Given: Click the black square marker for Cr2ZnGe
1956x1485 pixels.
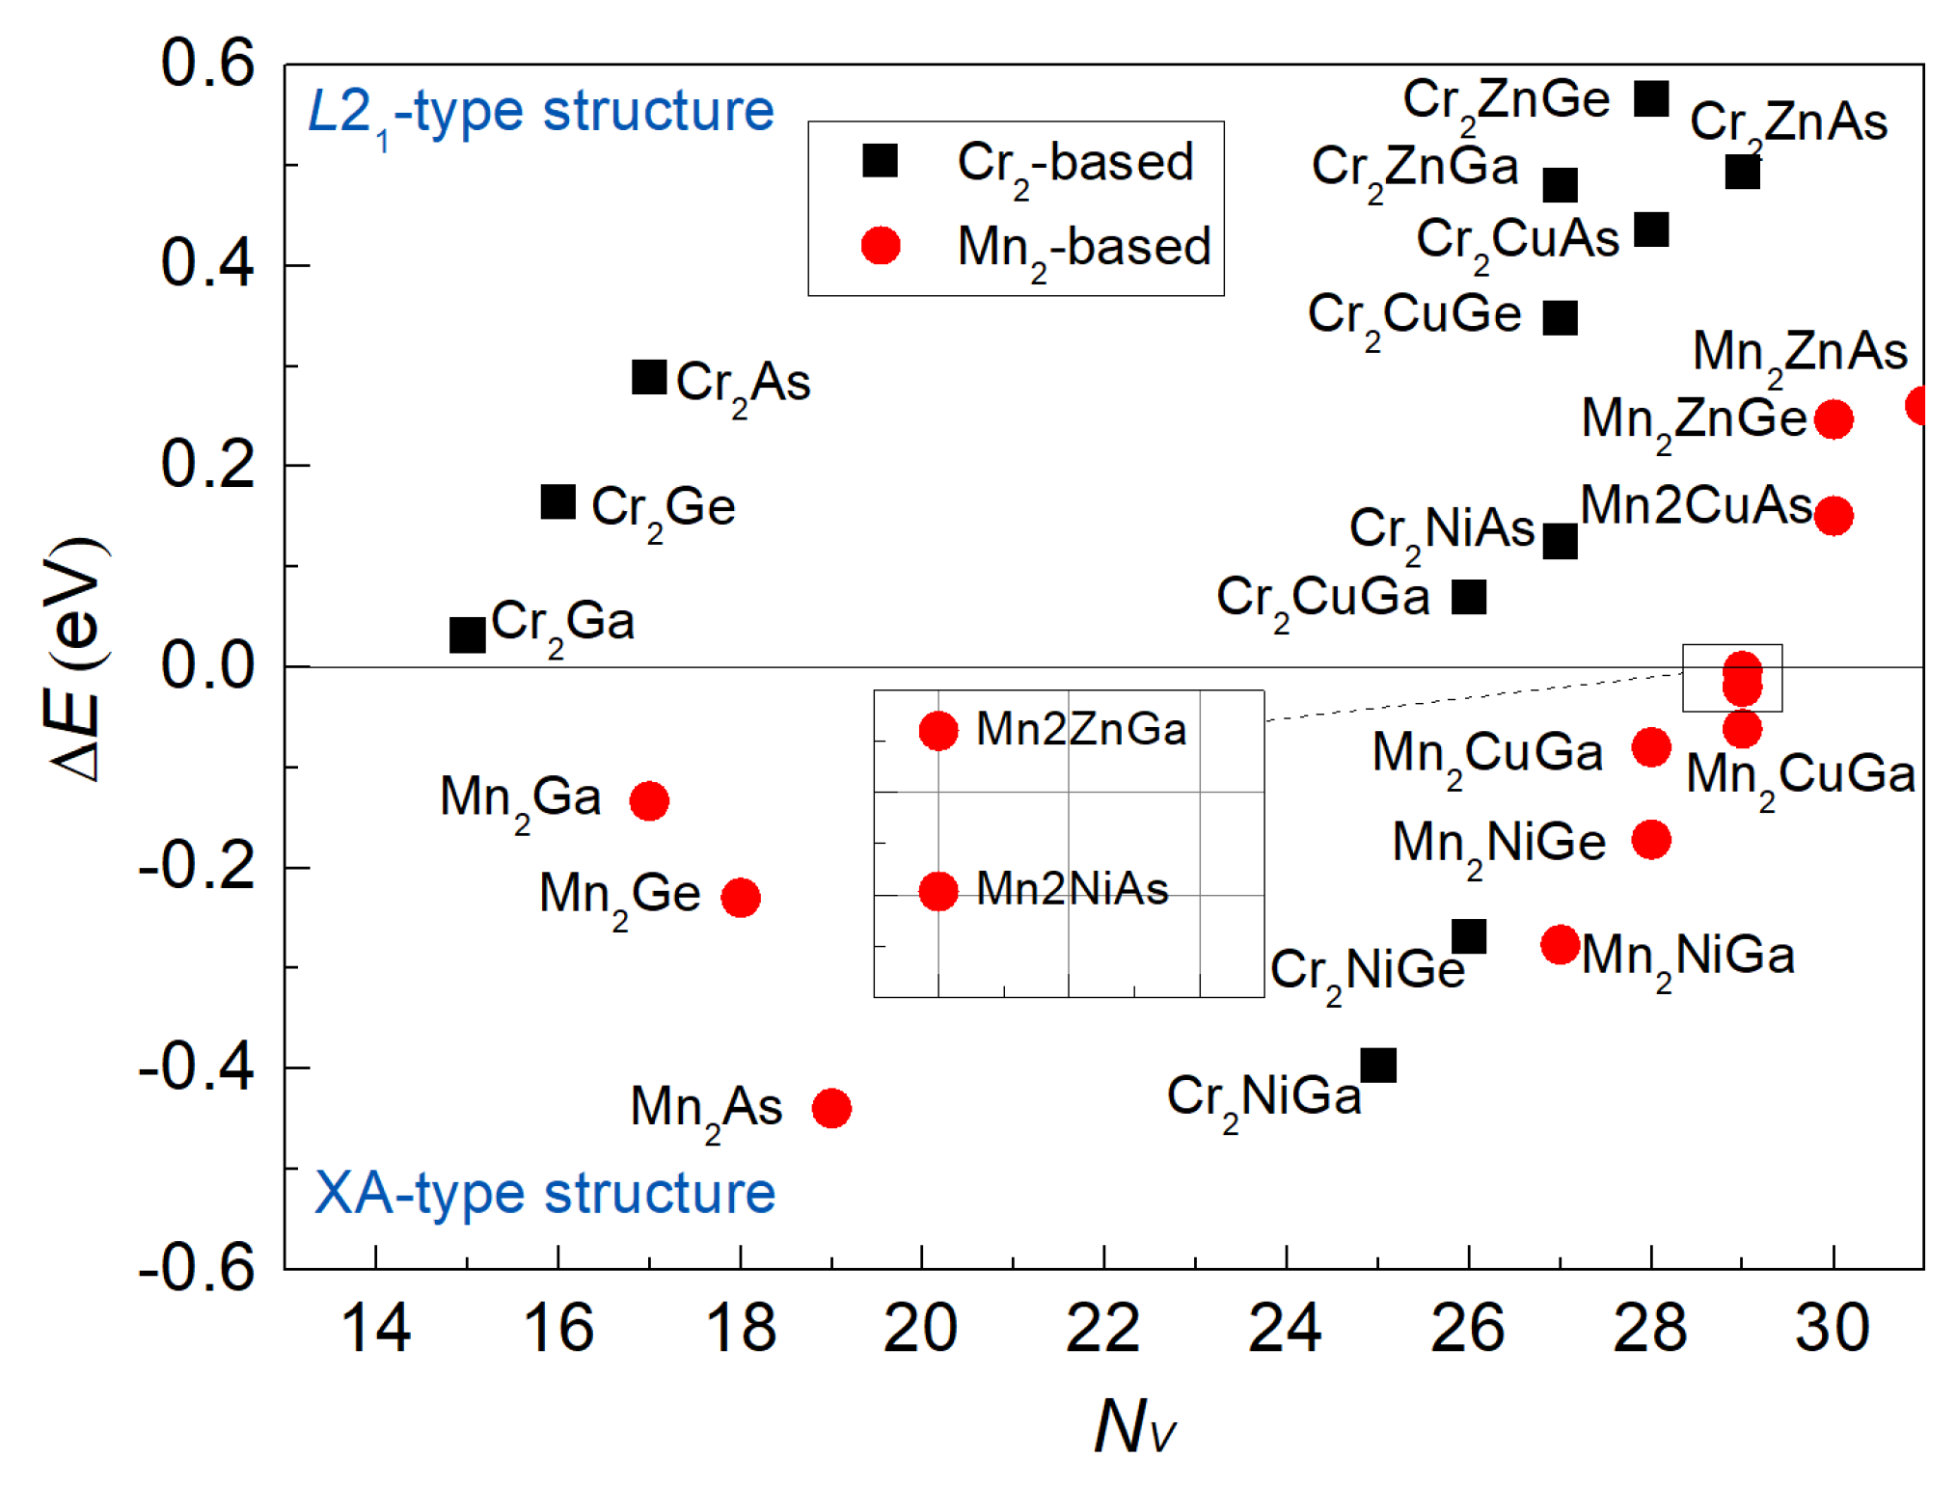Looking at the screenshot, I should coord(1651,98).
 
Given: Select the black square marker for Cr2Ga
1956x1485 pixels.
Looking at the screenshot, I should coord(467,635).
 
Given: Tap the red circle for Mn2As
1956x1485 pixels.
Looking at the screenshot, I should coord(831,1108).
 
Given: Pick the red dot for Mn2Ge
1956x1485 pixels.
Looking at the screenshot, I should coord(741,898).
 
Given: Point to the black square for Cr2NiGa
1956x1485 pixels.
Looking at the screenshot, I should coord(1378,1066).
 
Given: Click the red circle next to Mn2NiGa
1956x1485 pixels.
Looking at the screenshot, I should coord(1561,944).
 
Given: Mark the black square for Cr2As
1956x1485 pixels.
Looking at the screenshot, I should coord(649,377).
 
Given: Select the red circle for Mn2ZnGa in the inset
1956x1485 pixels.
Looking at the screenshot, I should coord(938,731).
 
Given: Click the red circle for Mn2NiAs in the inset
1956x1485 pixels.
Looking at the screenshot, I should coord(938,891).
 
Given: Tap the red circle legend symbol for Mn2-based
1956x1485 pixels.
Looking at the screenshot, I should coord(881,246).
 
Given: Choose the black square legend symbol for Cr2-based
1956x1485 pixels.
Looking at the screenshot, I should coord(881,161).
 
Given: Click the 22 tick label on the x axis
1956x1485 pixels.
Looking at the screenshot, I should coord(1103,1329).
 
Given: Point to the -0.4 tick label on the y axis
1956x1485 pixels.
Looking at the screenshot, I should coord(197,1067).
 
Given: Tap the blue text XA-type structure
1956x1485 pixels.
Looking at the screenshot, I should coord(545,1194).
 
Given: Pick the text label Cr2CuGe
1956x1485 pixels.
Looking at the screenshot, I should coord(1414,316).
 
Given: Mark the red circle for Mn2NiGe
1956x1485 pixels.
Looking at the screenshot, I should coord(1651,839).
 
